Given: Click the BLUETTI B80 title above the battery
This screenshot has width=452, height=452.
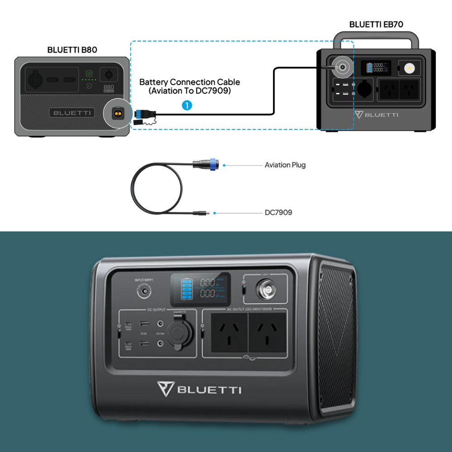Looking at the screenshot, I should click(x=72, y=50).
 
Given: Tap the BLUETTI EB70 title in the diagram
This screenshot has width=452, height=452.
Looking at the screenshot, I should click(x=376, y=24).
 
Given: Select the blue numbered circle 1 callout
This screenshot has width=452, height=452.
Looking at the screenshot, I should click(x=187, y=105).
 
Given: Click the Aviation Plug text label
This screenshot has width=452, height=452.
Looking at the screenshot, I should click(x=285, y=165).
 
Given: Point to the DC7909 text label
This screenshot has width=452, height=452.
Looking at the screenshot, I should click(x=278, y=212).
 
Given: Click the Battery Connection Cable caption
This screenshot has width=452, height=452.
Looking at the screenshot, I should click(x=189, y=86).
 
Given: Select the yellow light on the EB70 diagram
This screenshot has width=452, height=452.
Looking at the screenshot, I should click(x=410, y=68).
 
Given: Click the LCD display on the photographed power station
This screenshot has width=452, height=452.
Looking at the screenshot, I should click(x=200, y=289).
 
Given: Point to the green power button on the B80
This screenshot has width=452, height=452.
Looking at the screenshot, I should click(x=89, y=73).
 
